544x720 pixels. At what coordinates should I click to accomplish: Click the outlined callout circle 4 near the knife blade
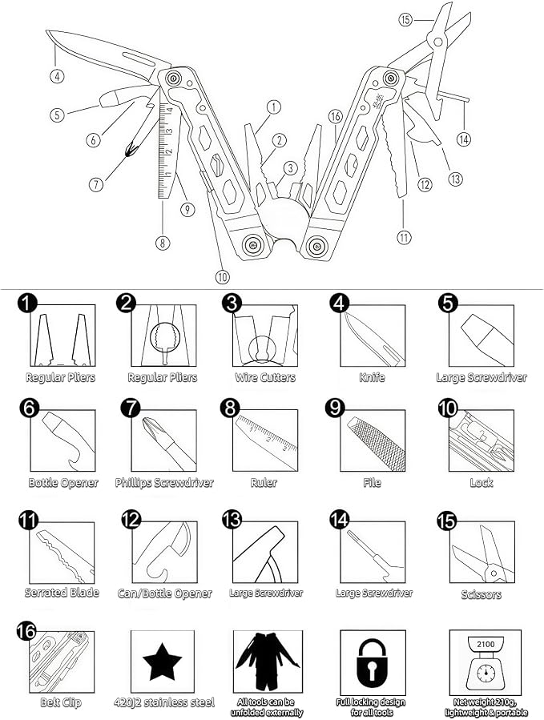[x=57, y=75]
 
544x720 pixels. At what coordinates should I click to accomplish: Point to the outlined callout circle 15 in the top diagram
[x=405, y=20]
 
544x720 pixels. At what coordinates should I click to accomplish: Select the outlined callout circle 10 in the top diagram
[x=222, y=277]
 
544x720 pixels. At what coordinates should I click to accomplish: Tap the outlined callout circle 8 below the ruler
[x=163, y=243]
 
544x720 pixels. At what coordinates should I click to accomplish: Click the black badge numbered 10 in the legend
[x=448, y=408]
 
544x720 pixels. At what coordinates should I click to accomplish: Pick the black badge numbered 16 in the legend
[x=26, y=630]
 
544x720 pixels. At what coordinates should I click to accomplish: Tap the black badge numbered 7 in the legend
[x=131, y=408]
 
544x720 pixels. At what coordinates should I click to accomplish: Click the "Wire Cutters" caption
[x=265, y=377]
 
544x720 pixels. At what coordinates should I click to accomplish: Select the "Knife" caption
[x=373, y=377]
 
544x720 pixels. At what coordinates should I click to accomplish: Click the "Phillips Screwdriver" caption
[x=164, y=483]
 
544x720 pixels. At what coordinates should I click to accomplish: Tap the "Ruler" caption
[x=264, y=483]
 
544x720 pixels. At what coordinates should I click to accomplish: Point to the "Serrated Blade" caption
[x=62, y=593]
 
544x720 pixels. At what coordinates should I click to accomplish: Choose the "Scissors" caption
[x=481, y=594]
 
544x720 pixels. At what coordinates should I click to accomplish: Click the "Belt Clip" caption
[x=61, y=702]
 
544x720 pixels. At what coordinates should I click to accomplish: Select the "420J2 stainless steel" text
[x=164, y=702]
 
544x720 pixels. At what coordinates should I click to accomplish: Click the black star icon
[x=162, y=662]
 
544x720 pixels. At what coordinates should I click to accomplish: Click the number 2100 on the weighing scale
[x=486, y=644]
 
